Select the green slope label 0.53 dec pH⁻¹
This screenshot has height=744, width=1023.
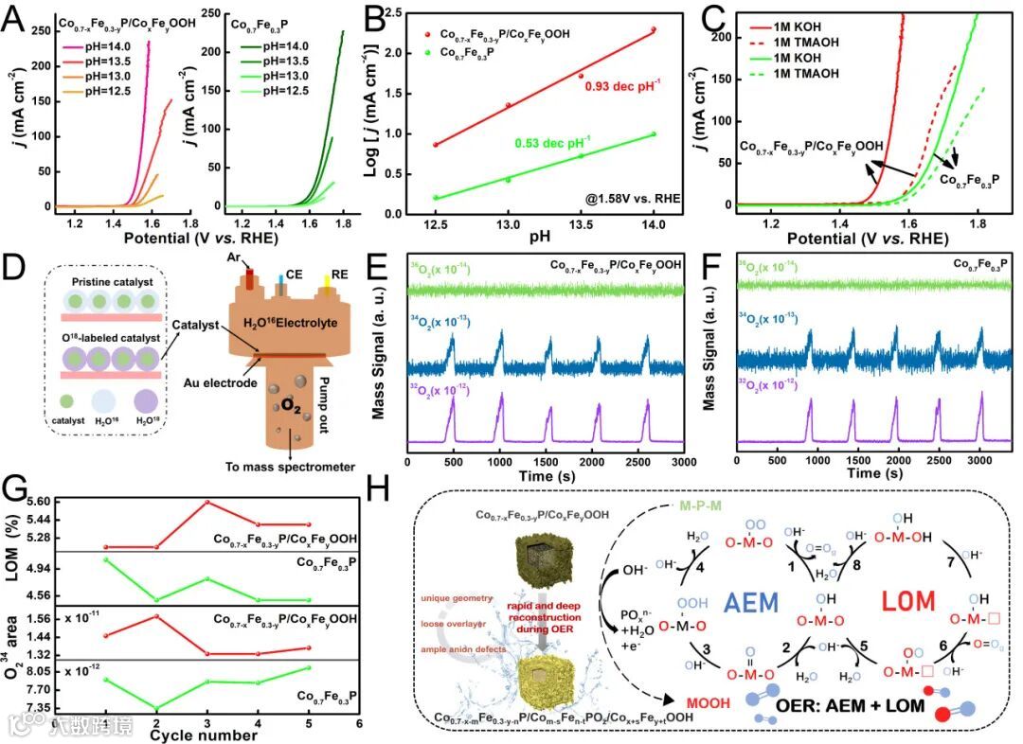[552, 143]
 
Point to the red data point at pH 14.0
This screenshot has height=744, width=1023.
[654, 29]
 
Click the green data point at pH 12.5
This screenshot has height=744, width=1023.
[435, 198]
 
